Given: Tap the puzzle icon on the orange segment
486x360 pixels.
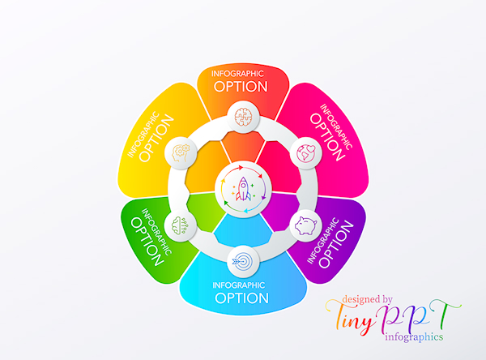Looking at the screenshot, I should [x=242, y=116].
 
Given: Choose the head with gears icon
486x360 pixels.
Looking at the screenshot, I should [x=179, y=152].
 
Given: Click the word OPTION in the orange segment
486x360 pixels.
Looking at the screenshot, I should [x=241, y=86].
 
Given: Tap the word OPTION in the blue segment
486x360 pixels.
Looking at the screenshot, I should [x=241, y=298].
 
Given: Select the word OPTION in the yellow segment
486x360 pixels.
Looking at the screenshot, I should [x=157, y=140].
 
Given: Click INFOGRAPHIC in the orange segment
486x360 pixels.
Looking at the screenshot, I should [x=241, y=74].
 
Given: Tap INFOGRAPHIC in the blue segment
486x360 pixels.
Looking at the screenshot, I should [x=241, y=285].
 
